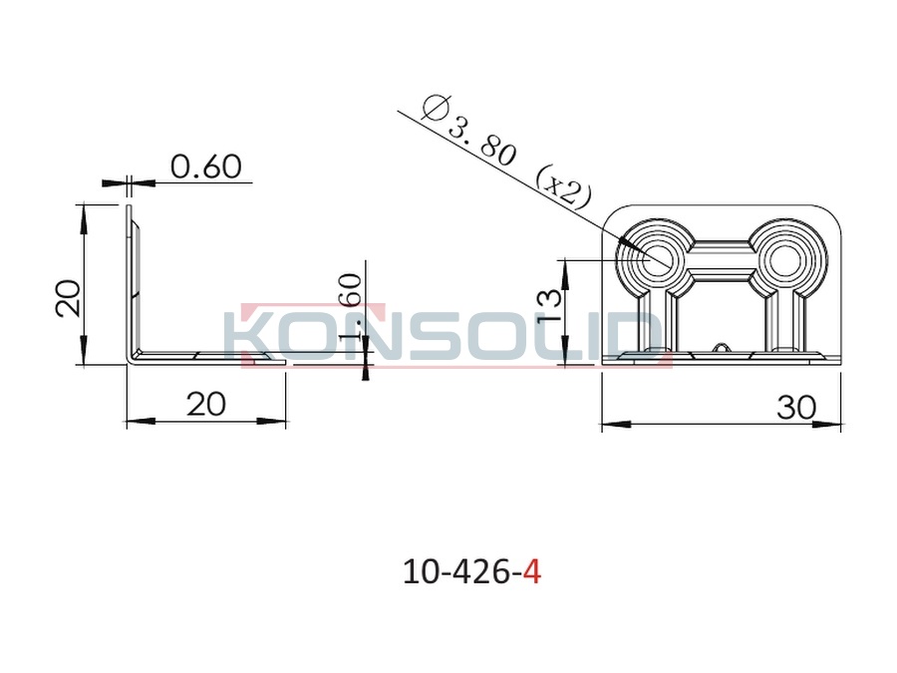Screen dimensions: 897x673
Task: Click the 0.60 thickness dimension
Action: (206, 167)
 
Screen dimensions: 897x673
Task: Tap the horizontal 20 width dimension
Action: (206, 405)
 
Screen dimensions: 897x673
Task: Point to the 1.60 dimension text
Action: (350, 308)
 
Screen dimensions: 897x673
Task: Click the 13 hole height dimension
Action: (550, 306)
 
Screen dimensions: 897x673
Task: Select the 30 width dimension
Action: (796, 408)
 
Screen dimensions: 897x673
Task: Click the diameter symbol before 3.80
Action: (436, 108)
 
